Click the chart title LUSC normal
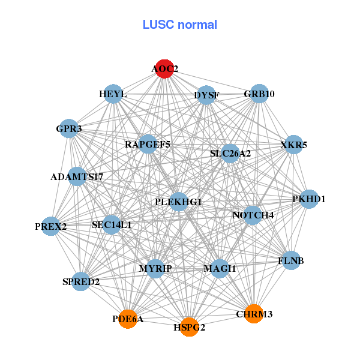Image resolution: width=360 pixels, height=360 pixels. coord(179,25)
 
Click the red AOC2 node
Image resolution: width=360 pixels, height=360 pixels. coord(164,69)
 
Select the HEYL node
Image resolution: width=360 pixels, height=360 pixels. coord(113,94)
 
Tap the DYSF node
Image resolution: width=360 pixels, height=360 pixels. coord(206,95)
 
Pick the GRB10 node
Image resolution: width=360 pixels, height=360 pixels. coord(259,94)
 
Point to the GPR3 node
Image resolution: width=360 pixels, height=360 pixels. coord(69,128)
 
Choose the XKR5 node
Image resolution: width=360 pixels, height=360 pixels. coord(293,145)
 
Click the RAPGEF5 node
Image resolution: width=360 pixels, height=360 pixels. coord(148,145)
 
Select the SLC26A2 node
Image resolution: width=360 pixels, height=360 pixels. coord(230,154)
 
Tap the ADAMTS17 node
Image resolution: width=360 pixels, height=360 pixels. coord(77,176)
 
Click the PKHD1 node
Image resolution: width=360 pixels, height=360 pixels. coord(308,199)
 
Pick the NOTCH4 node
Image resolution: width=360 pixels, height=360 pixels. coord(253,215)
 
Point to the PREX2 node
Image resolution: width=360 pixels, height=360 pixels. coord(51,226)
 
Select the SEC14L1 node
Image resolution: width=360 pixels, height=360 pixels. coord(112,225)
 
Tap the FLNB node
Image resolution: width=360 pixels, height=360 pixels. coord(291,260)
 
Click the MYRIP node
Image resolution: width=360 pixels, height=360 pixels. coord(155,268)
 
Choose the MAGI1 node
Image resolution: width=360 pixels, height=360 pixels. coord(220,268)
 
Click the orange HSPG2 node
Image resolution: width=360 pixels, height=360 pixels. coord(189,327)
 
